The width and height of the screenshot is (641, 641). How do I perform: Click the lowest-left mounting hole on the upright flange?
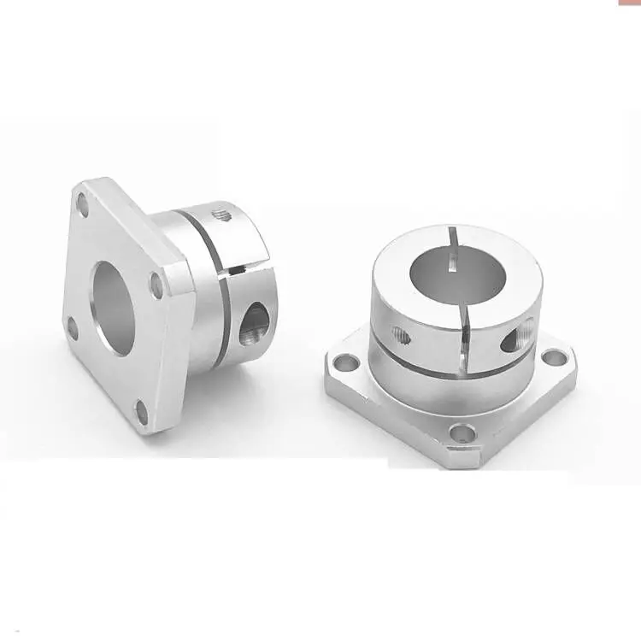coord(73,327)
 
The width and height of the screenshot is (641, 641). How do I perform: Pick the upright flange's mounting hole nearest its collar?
coord(156,284)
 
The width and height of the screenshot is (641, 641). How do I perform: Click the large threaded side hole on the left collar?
coord(254,323)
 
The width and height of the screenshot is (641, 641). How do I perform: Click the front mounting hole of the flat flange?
coord(462,432)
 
